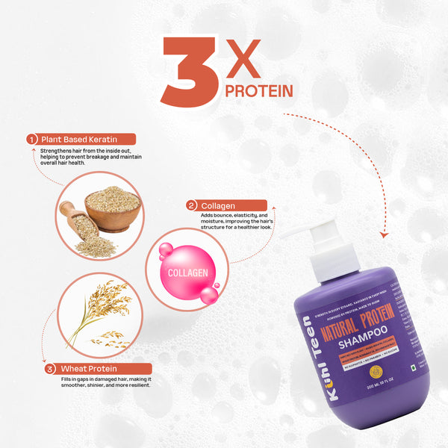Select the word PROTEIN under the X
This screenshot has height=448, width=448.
click(258, 90)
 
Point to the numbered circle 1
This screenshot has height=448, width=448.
click(32, 139)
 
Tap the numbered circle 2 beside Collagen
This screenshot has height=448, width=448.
click(192, 205)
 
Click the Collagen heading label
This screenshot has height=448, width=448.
click(219, 205)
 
